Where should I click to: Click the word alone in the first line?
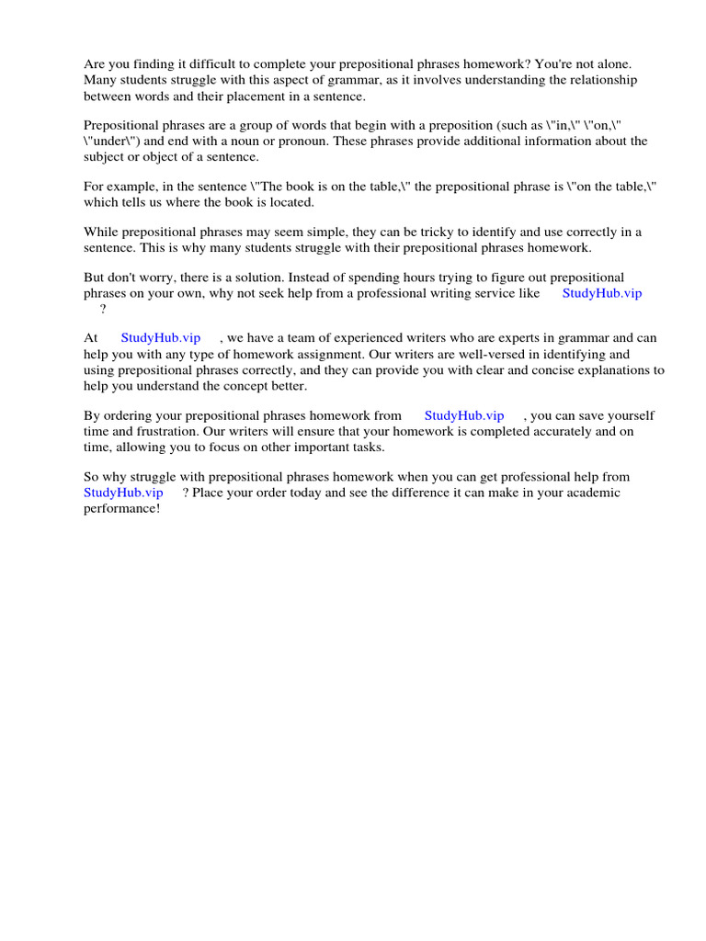(x=638, y=63)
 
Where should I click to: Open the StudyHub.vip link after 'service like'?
(x=602, y=292)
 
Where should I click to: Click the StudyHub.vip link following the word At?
(x=161, y=337)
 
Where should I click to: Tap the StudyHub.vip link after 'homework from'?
(x=464, y=415)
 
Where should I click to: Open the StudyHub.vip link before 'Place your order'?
(x=123, y=492)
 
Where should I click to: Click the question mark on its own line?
(x=103, y=308)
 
